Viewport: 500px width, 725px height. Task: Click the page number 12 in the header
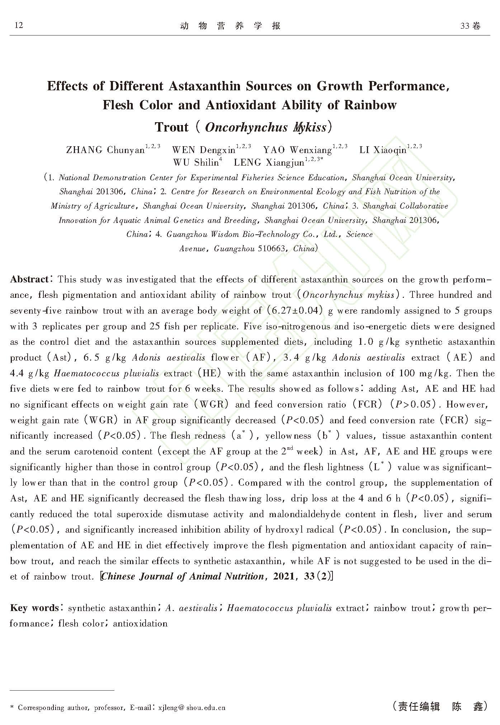point(19,25)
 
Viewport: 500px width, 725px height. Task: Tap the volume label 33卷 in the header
point(470,26)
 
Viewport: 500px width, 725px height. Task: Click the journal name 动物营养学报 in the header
point(230,26)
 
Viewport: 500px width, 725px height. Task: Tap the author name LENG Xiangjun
point(269,163)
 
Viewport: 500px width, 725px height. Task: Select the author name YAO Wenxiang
point(297,149)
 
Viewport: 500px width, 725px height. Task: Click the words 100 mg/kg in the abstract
point(424,373)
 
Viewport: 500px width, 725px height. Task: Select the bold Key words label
point(34,608)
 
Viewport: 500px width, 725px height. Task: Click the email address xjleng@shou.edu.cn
point(192,707)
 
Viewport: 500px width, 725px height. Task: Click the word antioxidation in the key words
point(140,624)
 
